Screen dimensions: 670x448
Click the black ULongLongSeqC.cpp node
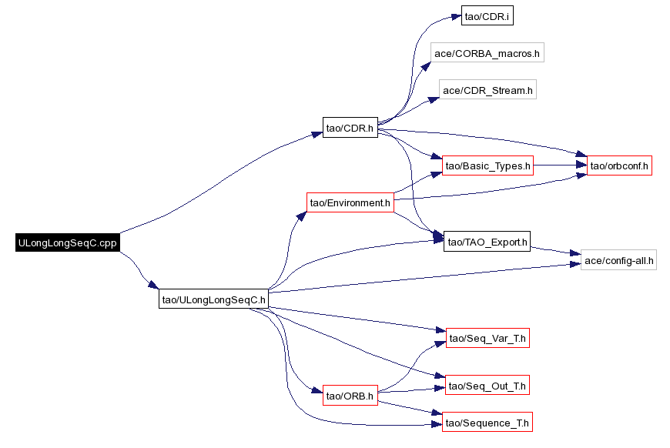pos(68,242)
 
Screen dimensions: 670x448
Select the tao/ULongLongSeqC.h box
pos(213,299)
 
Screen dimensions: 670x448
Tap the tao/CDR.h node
pos(350,128)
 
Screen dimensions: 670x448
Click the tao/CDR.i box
pos(487,16)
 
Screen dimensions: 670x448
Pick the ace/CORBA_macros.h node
pos(487,52)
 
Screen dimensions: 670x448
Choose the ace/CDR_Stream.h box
pos(487,90)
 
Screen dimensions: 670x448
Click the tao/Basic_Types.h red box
pos(487,165)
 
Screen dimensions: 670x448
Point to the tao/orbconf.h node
pos(619,165)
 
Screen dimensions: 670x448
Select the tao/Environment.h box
pos(350,202)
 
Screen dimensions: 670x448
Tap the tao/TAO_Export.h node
pos(487,242)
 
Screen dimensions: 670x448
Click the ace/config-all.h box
pos(618,260)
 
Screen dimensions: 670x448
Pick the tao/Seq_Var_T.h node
pos(487,338)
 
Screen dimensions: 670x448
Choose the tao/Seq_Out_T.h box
pos(487,385)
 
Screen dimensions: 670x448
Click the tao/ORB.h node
pos(350,396)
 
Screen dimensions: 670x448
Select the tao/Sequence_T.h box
pos(487,423)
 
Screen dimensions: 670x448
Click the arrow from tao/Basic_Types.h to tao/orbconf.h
pos(560,165)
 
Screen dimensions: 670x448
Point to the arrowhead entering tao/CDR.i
pos(456,18)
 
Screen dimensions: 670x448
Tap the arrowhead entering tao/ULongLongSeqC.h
pos(154,285)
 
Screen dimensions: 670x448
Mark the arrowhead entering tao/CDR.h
pos(317,134)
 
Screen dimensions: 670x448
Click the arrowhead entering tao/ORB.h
pos(317,390)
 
